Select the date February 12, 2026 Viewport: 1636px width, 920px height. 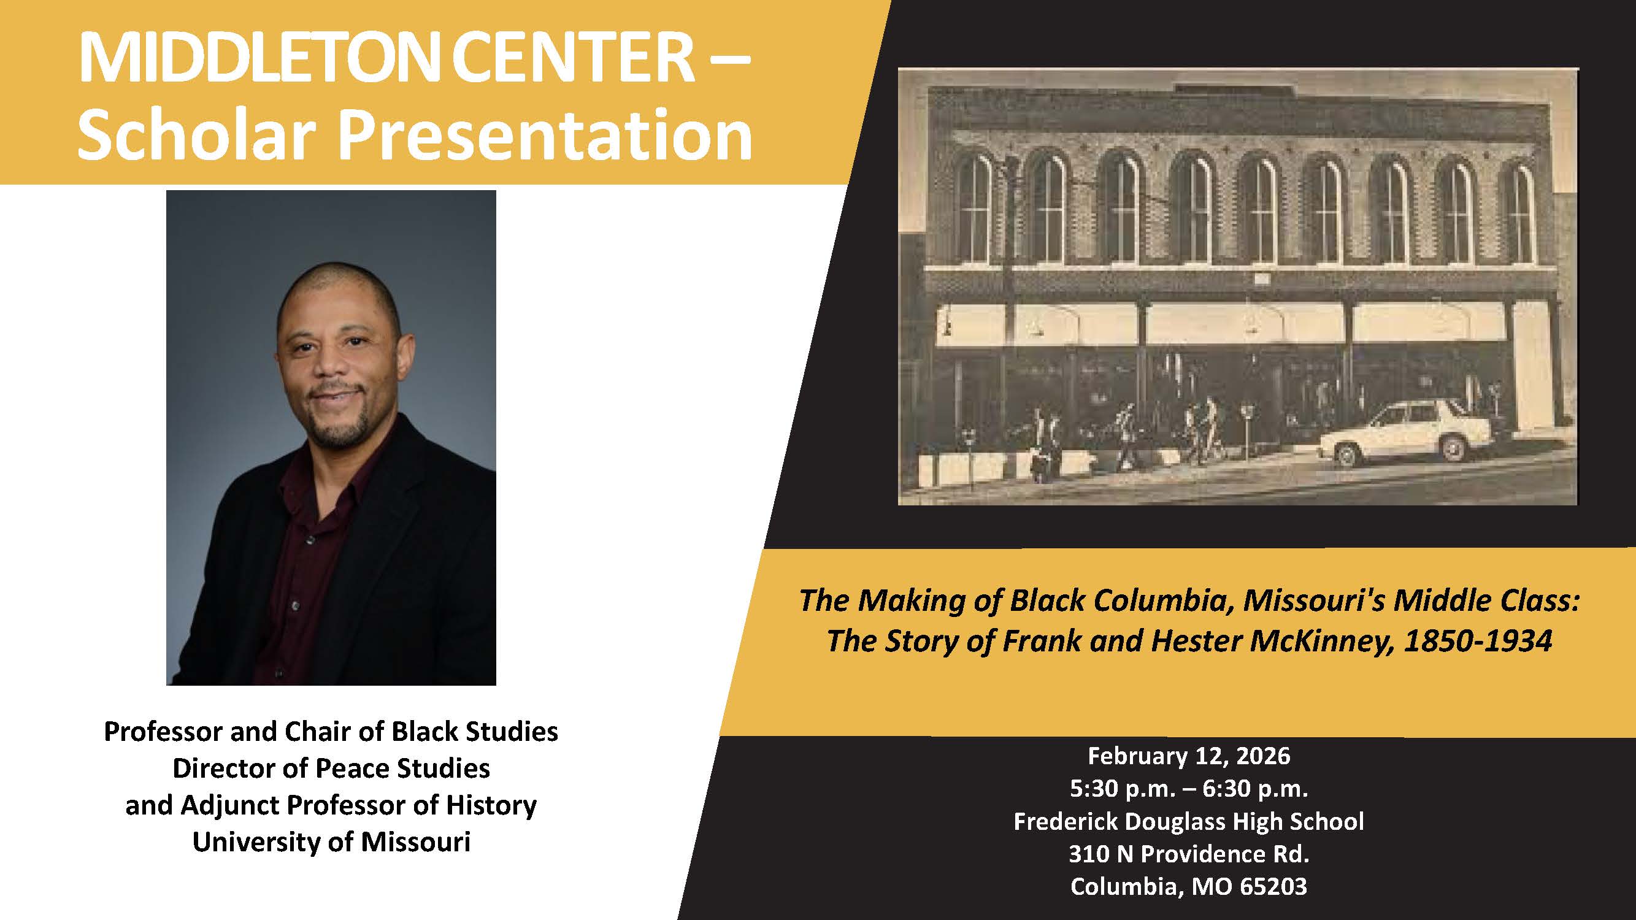click(x=1189, y=756)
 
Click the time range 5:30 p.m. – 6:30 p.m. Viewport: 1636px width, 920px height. click(x=1189, y=789)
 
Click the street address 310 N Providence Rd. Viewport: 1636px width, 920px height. click(x=1189, y=854)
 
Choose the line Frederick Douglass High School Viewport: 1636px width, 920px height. click(x=1189, y=822)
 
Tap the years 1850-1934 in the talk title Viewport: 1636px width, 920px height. click(x=1478, y=641)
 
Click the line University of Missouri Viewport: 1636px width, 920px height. click(x=331, y=843)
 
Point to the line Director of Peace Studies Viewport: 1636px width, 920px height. click(x=331, y=769)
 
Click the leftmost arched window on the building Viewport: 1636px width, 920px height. click(x=973, y=210)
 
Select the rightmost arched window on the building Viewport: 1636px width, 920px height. click(x=1520, y=213)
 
